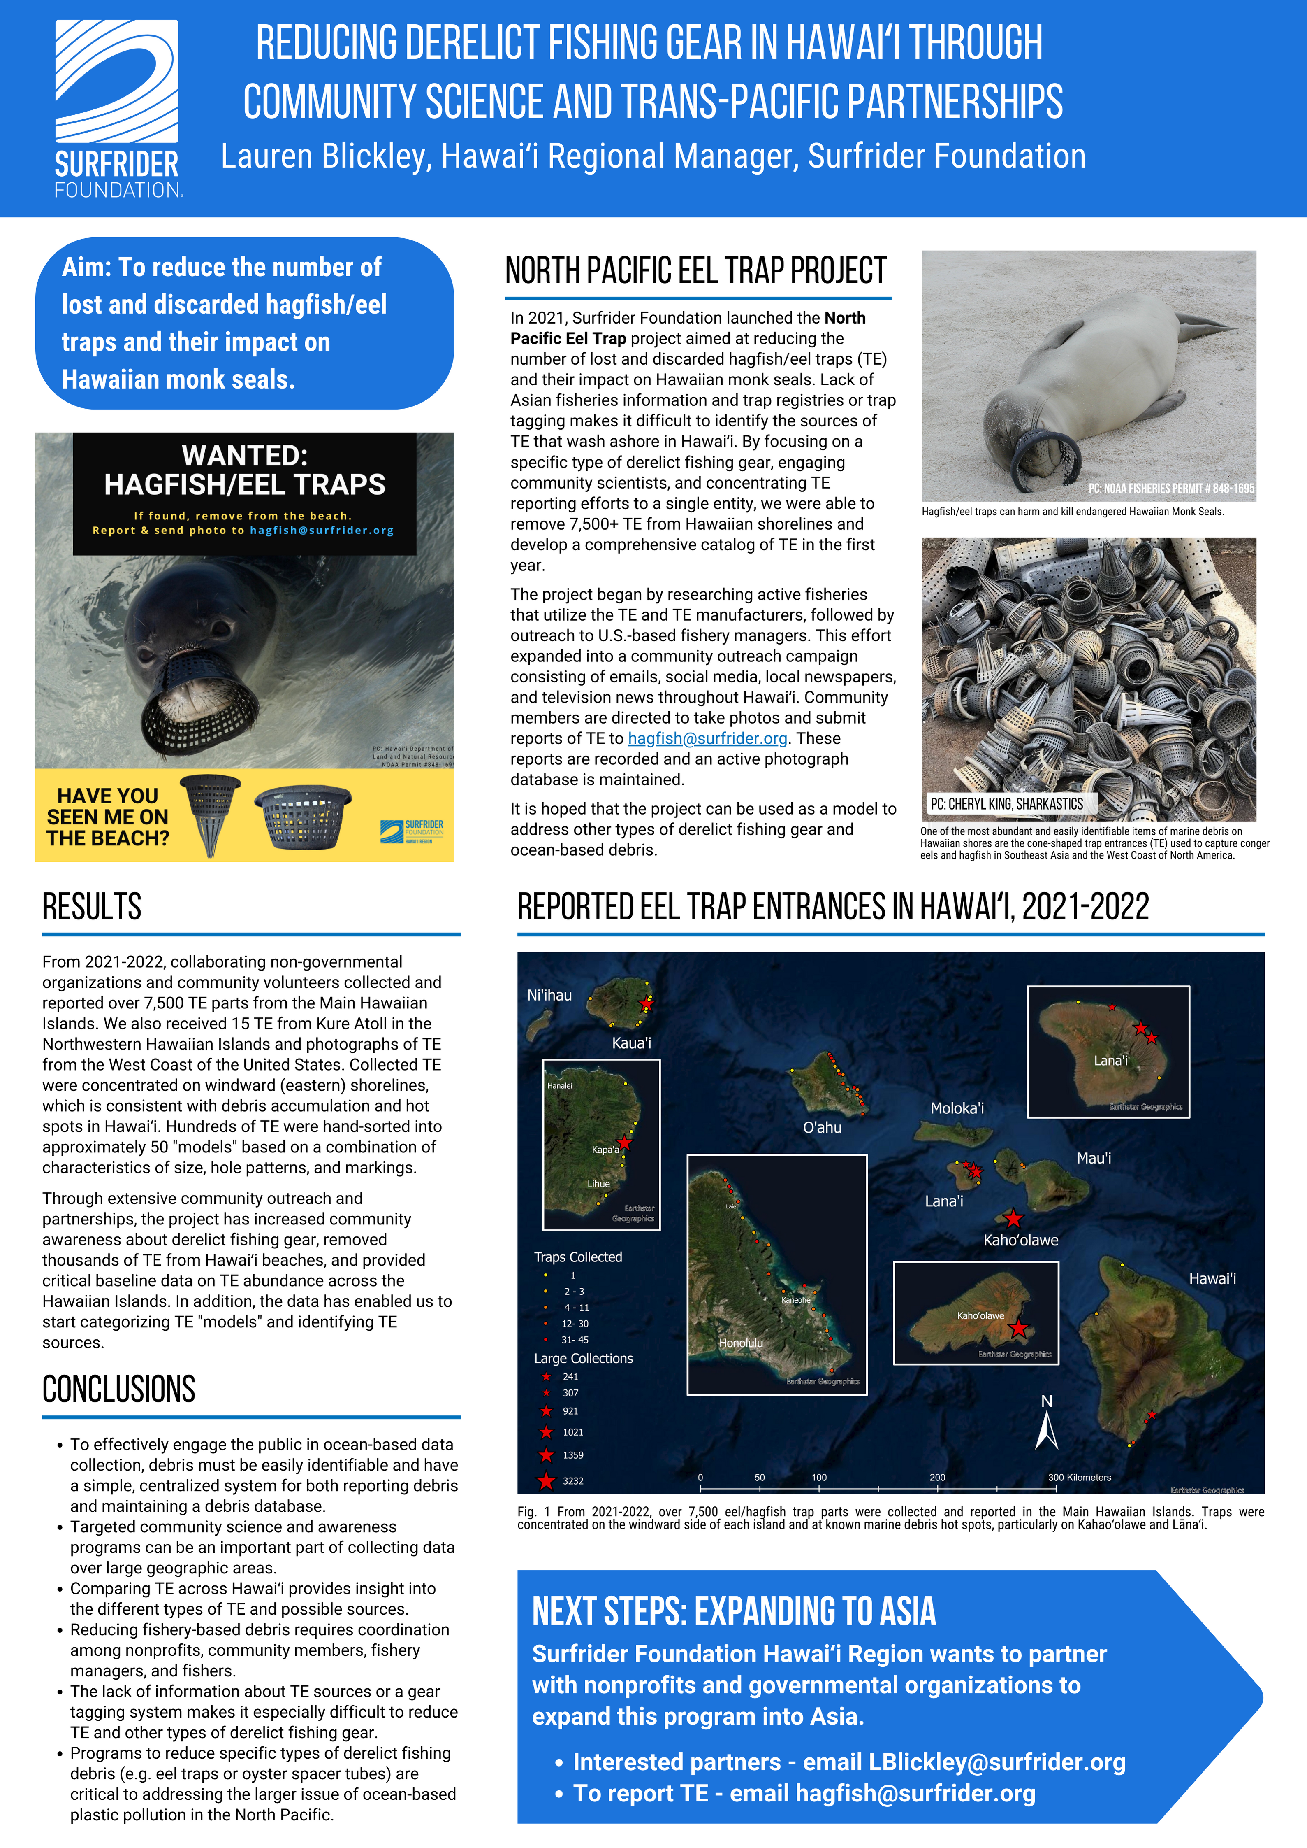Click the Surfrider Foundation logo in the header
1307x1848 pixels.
coord(118,109)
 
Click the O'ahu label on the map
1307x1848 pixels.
coord(822,1127)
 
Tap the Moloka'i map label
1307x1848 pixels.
coord(957,1108)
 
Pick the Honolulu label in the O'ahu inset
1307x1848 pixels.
coord(740,1343)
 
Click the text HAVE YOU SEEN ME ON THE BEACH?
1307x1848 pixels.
coord(108,817)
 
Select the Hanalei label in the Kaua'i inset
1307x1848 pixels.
coord(559,1085)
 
